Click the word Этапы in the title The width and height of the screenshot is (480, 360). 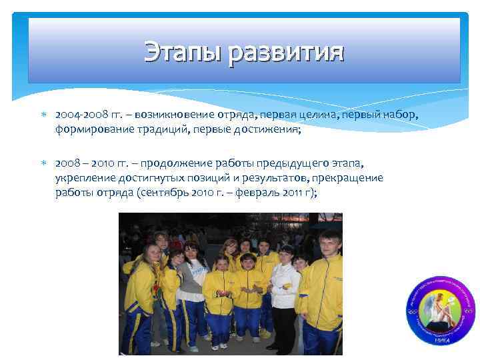182,52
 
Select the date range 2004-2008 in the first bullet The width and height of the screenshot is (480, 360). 79,117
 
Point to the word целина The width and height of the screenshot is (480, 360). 317,117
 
